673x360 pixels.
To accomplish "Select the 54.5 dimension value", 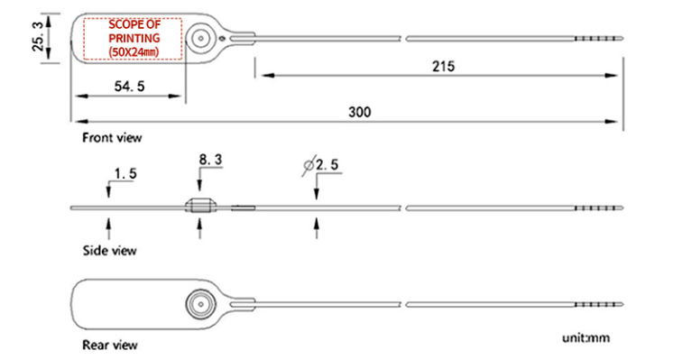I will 129,87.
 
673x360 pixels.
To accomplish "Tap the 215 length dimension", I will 442,66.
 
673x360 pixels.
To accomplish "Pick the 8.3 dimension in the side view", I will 210,160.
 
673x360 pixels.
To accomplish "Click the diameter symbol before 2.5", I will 309,165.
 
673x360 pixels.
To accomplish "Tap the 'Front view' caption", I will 111,138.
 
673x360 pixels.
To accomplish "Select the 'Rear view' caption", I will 109,345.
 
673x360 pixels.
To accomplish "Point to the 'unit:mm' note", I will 586,338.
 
